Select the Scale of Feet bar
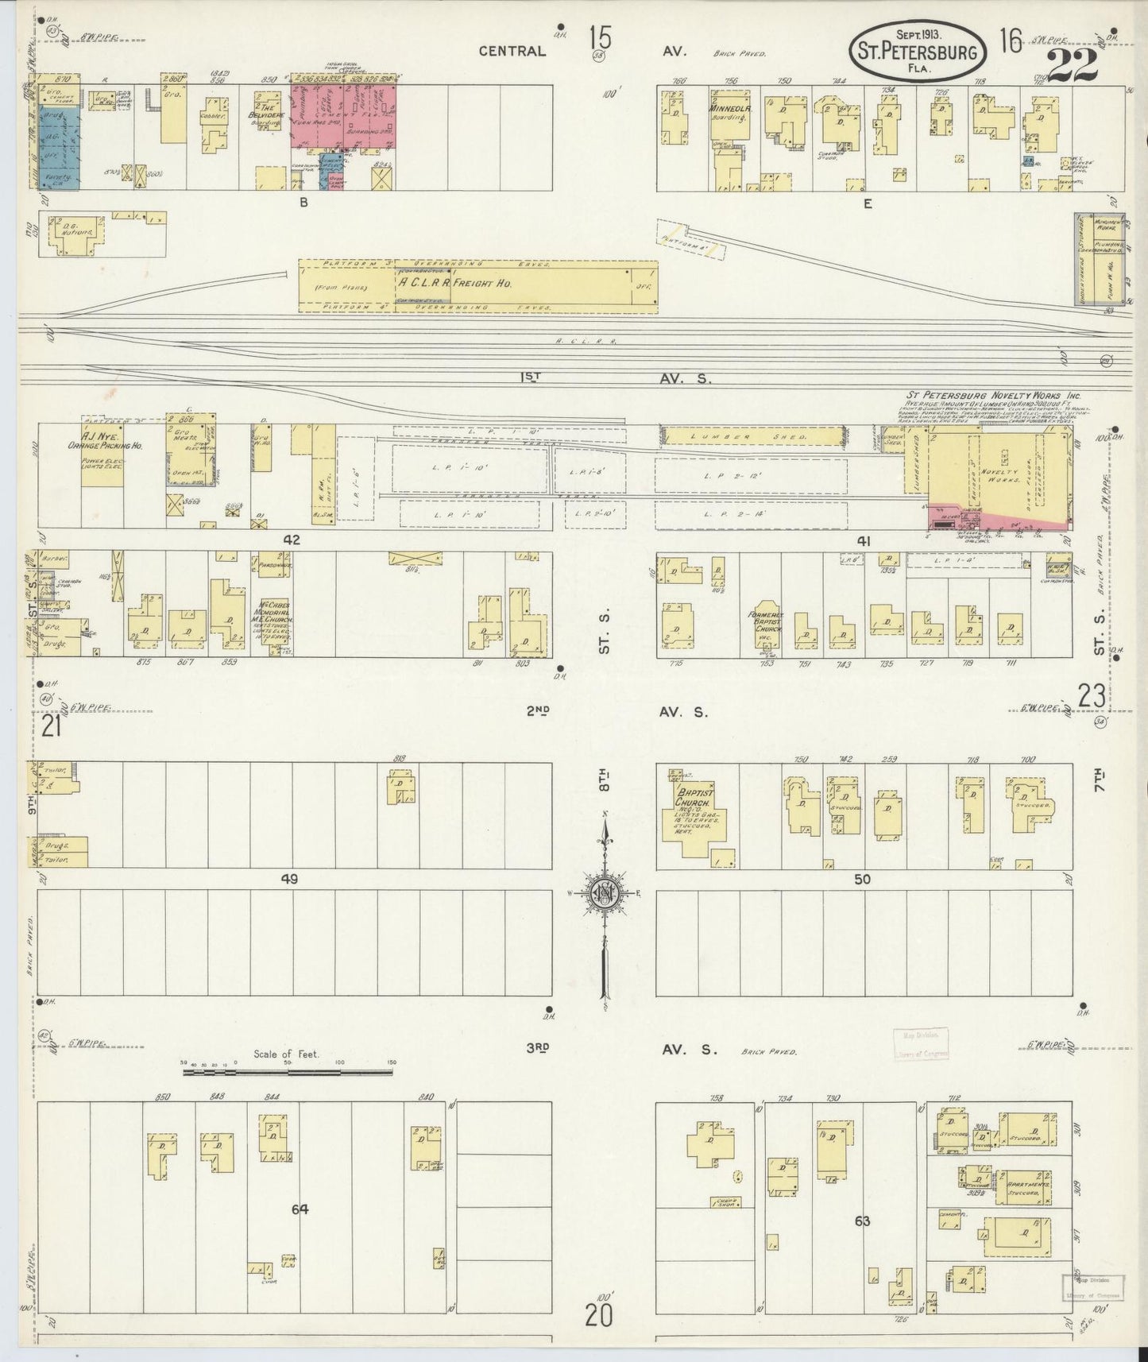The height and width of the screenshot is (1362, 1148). [288, 1072]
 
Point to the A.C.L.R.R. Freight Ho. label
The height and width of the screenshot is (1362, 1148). [456, 282]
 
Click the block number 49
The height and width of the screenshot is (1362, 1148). [288, 880]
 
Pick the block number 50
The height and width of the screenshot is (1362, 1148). [863, 880]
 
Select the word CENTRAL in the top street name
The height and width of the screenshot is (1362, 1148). [512, 52]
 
